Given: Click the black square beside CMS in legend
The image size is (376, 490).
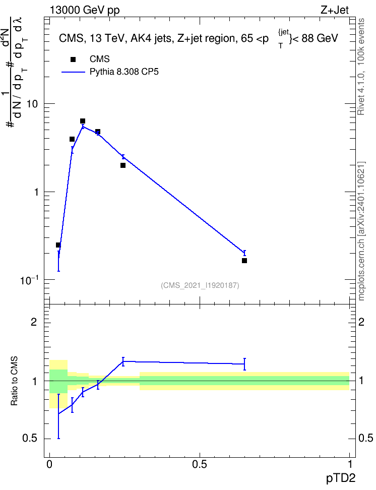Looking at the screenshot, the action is (x=73, y=59).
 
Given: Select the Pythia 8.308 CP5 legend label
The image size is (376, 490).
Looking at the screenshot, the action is (x=124, y=72).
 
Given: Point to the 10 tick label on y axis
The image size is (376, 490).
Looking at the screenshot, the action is (x=32, y=104).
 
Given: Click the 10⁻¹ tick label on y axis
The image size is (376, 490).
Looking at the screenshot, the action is (x=29, y=280).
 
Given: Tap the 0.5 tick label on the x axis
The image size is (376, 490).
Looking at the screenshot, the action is (x=200, y=464).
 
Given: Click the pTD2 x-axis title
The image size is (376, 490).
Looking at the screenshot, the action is (x=341, y=478).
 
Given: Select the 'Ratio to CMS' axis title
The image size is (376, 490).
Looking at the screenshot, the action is (x=14, y=381).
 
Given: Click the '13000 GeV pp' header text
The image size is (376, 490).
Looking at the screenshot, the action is (x=84, y=10).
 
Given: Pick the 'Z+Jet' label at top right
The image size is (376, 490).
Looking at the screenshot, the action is (x=335, y=10).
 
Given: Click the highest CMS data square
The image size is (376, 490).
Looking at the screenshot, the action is (x=83, y=121).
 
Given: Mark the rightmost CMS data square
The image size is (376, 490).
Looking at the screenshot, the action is (x=244, y=261).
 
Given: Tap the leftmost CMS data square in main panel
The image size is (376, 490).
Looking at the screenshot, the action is (x=58, y=245).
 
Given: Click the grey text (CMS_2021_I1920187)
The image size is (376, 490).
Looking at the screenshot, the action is (x=200, y=285).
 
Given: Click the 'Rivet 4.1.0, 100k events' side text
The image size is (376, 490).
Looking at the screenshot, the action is (x=361, y=67).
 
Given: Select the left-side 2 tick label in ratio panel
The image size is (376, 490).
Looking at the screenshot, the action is (x=34, y=322).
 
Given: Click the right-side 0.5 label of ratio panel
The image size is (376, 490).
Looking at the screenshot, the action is (x=365, y=439).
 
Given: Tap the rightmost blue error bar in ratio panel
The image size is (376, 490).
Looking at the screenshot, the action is (x=244, y=364).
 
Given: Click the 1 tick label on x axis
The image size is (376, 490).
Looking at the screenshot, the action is (x=350, y=464).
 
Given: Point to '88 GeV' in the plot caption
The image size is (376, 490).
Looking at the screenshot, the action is (x=320, y=38).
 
